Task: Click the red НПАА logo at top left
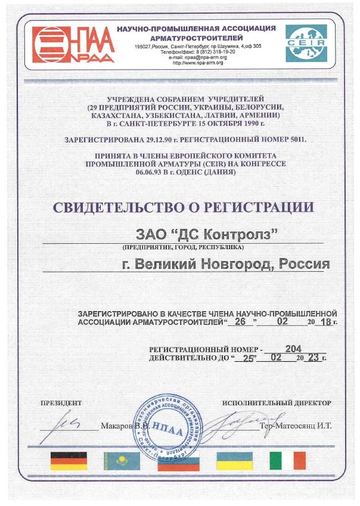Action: (72, 44)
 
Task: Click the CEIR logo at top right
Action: (305, 43)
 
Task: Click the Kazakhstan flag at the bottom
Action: (122, 460)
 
